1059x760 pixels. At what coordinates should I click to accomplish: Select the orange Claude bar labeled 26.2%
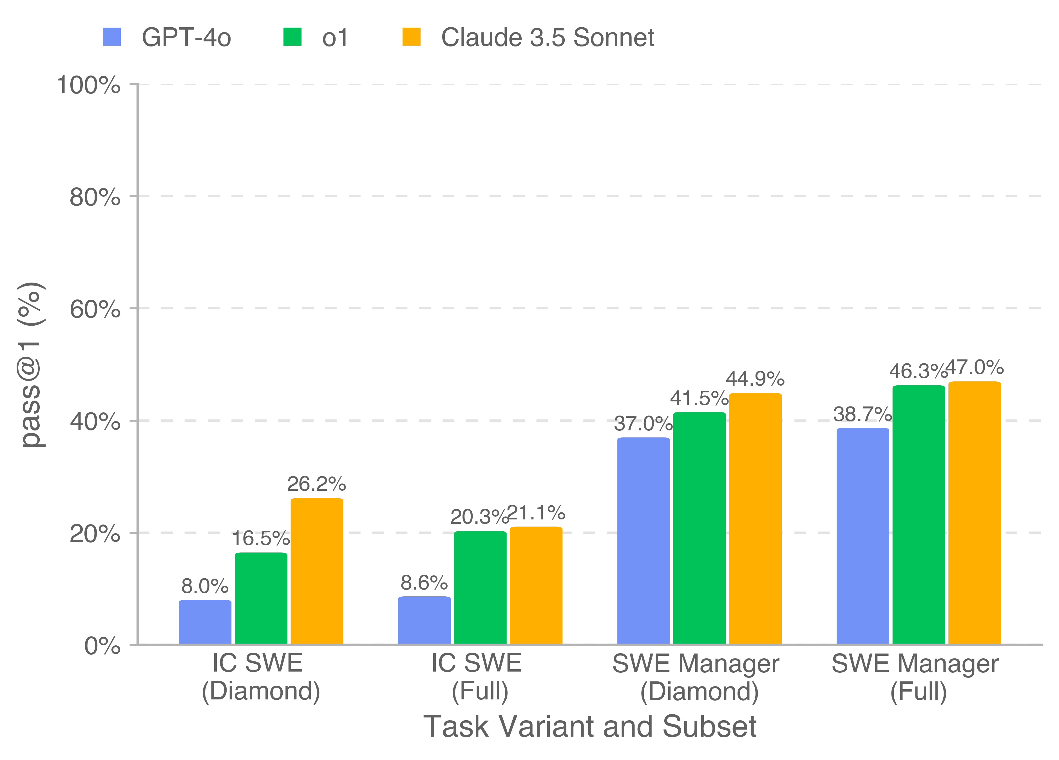click(x=317, y=571)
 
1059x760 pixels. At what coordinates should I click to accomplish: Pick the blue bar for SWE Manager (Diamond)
click(x=644, y=541)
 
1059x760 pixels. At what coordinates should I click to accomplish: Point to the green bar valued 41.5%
click(x=700, y=528)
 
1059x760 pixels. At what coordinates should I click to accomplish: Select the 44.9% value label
click(x=755, y=379)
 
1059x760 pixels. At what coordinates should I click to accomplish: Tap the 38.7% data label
click(x=863, y=414)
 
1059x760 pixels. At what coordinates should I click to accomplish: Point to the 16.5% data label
click(x=261, y=539)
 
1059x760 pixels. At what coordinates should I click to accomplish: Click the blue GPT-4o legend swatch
click(x=111, y=37)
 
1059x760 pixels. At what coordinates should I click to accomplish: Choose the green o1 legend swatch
click(x=292, y=37)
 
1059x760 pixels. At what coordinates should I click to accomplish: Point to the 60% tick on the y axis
click(x=95, y=309)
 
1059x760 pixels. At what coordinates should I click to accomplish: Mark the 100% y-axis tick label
click(x=89, y=85)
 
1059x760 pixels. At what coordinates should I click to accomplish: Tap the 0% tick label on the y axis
click(x=102, y=646)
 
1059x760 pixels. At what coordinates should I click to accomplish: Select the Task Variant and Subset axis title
click(x=590, y=727)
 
